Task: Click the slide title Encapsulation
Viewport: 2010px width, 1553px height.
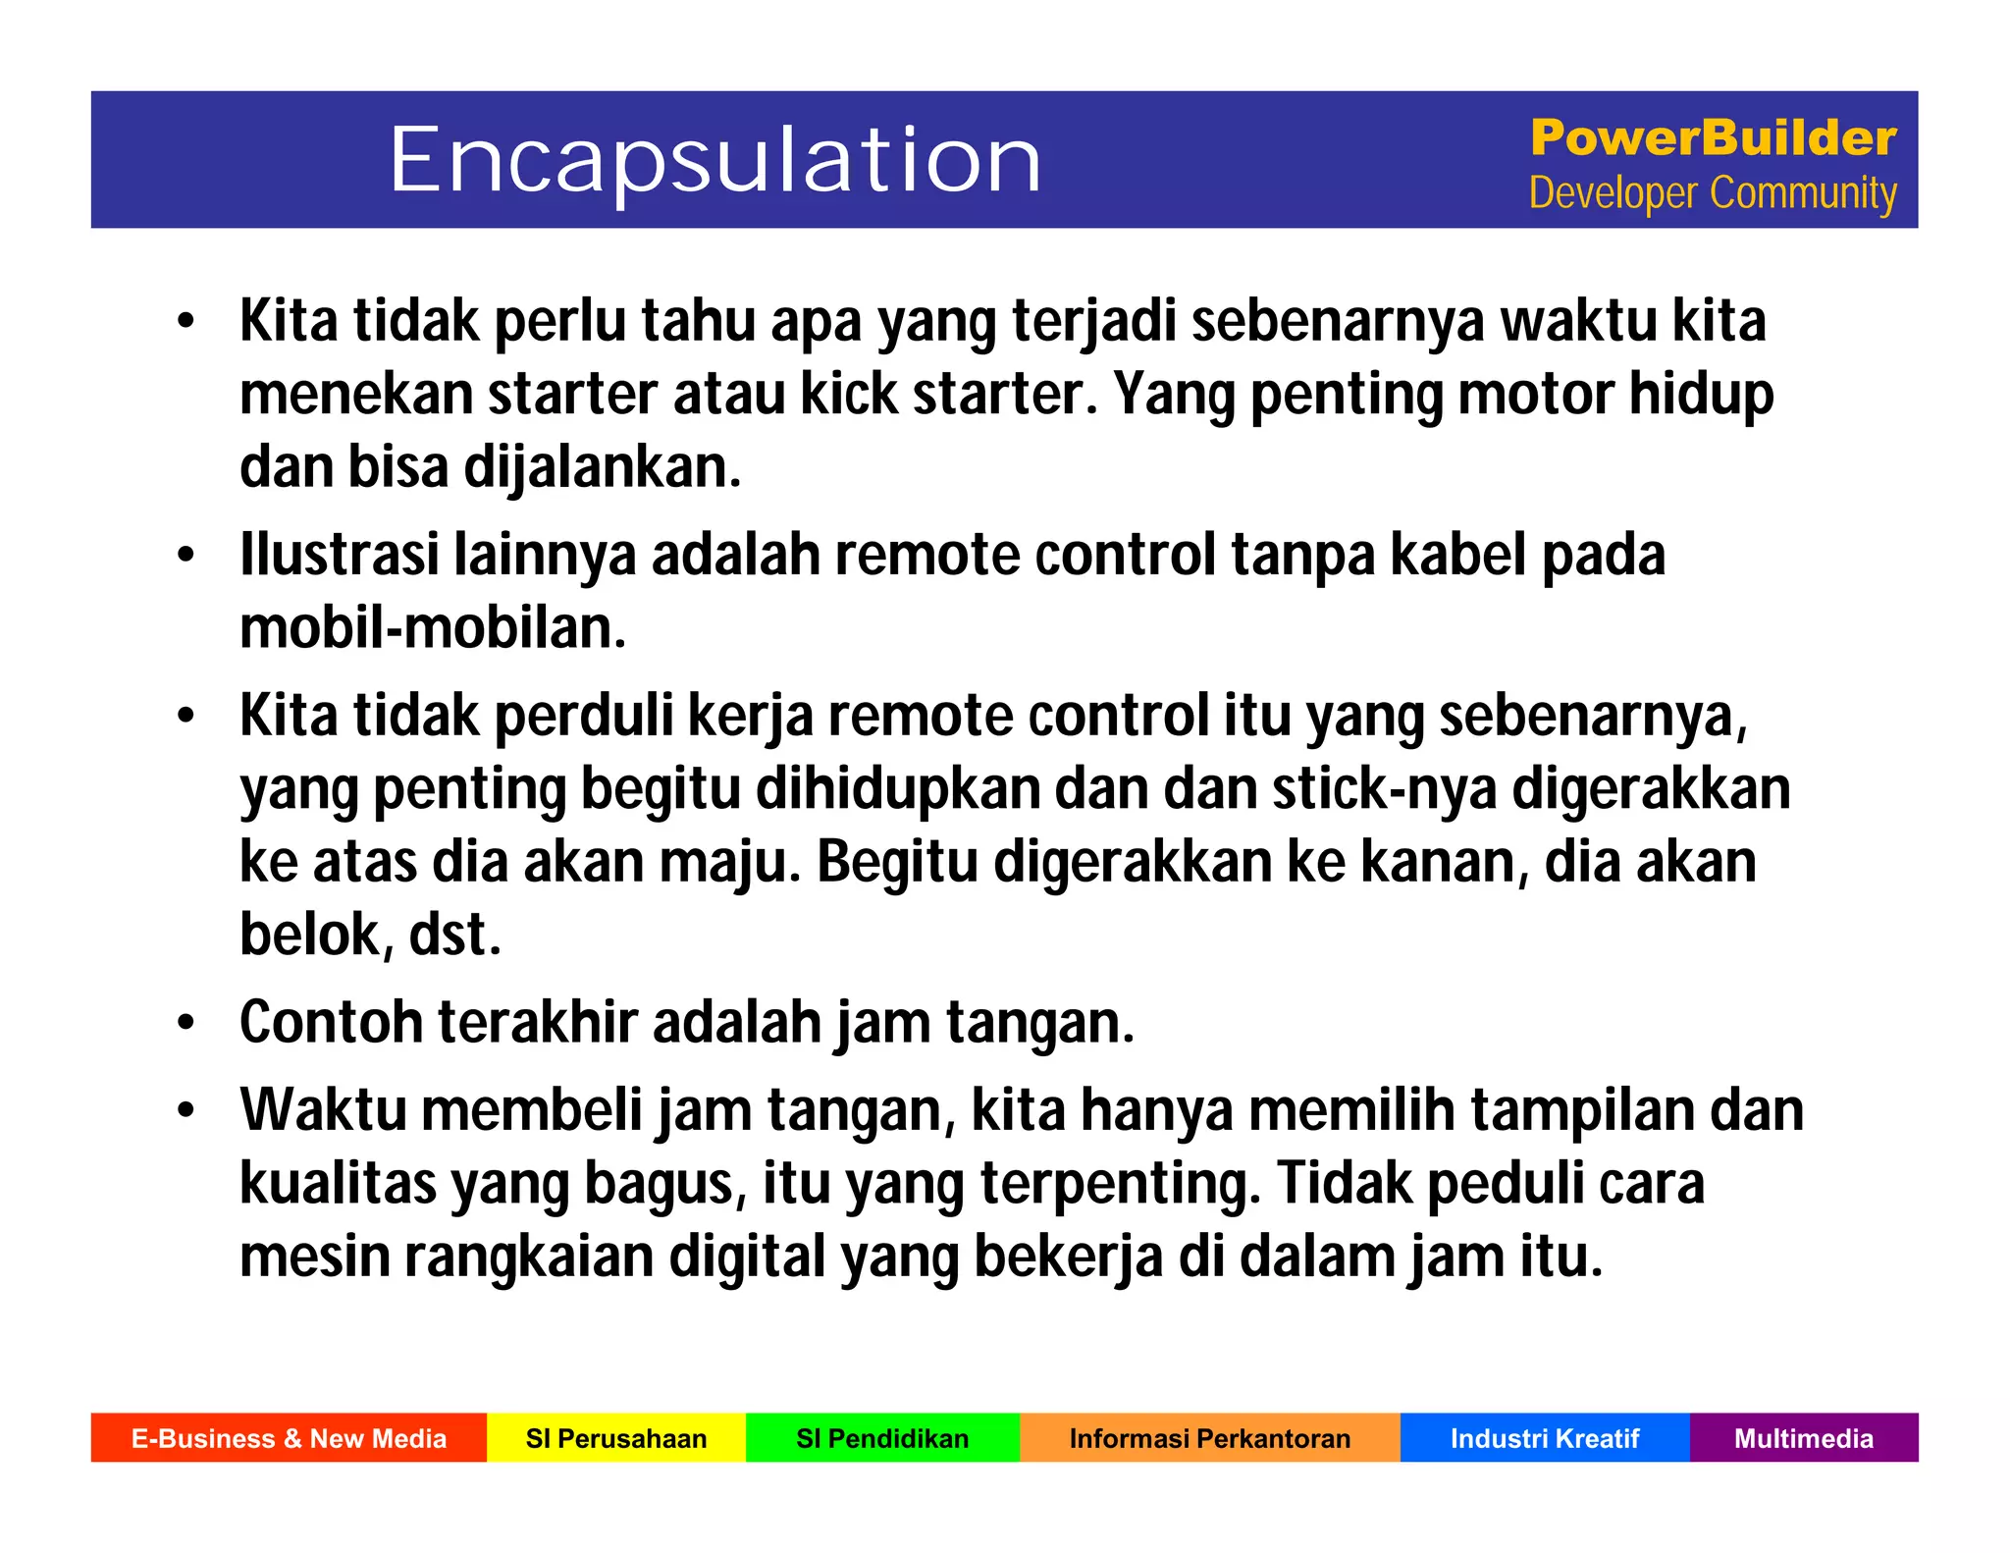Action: click(714, 160)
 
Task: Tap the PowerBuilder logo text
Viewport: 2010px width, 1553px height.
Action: click(1713, 137)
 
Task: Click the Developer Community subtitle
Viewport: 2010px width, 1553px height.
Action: click(1713, 192)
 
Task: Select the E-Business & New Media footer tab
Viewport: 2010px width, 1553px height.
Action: click(289, 1438)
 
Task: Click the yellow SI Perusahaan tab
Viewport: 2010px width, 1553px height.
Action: click(616, 1438)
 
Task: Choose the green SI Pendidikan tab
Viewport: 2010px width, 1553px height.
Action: click(882, 1438)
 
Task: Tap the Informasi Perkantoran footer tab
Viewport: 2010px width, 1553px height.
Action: click(1209, 1438)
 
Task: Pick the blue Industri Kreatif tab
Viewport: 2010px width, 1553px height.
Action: click(1545, 1438)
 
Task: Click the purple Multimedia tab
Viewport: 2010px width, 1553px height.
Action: click(1803, 1438)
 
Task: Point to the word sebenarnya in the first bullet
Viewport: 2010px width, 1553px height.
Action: click(1337, 322)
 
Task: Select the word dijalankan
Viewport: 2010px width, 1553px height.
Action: click(602, 467)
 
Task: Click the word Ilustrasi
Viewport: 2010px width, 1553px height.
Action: click(339, 555)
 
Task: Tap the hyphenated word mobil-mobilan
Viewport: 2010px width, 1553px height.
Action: click(432, 628)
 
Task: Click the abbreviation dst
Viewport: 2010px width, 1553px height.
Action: click(453, 935)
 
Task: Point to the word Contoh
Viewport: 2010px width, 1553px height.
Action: click(331, 1023)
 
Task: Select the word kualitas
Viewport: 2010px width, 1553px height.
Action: click(338, 1184)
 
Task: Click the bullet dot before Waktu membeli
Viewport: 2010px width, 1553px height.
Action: click(186, 1111)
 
